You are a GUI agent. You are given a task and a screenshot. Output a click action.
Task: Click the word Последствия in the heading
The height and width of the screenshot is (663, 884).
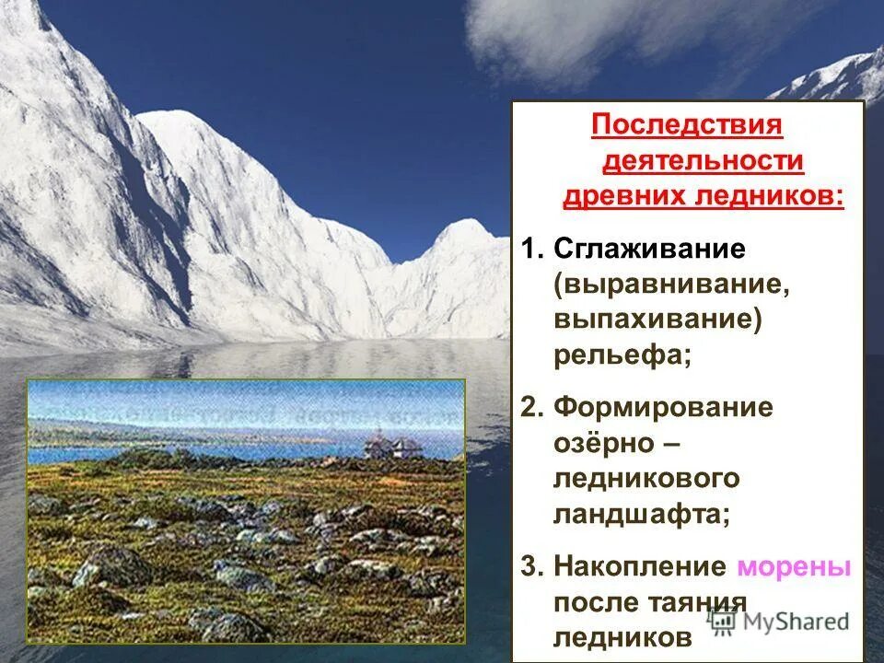[687, 124]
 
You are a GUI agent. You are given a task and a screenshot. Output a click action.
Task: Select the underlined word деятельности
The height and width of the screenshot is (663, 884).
[703, 160]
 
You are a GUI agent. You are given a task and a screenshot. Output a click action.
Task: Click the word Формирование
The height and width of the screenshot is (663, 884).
[664, 408]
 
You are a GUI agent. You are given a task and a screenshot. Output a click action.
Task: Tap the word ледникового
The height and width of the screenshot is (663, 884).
[646, 479]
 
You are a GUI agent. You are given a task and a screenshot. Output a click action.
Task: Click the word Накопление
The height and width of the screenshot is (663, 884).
[641, 566]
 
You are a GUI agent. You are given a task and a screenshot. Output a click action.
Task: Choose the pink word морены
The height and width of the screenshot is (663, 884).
[795, 566]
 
